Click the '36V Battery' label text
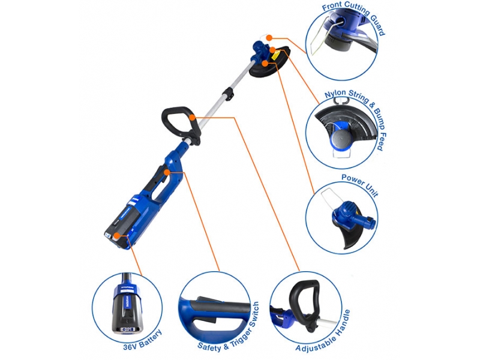pos(142,340)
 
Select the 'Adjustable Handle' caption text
pos(323,331)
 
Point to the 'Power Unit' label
pos(360,185)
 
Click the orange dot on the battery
pos(116,236)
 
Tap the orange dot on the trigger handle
pos(167,172)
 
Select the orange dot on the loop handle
pos(192,117)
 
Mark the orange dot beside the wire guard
pos(269,38)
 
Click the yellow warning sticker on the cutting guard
pos(275,56)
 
